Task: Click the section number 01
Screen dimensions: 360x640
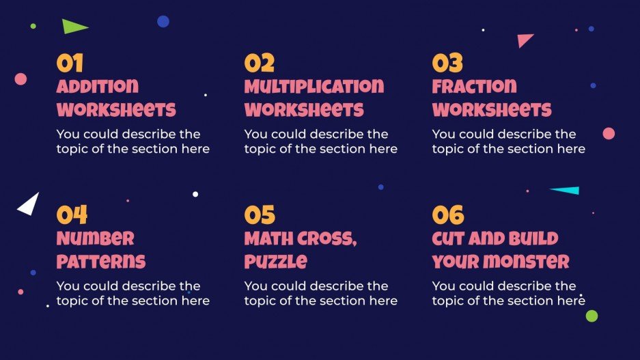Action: [x=70, y=64]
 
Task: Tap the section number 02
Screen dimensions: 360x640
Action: [x=259, y=64]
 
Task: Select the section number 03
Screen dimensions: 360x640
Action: [x=447, y=64]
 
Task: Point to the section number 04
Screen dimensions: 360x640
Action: [x=71, y=215]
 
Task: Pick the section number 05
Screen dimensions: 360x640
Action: [x=260, y=215]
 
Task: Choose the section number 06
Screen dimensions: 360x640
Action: [x=448, y=215]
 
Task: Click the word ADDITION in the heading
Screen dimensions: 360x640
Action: [x=97, y=87]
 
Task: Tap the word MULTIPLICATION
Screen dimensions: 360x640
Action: [x=314, y=87]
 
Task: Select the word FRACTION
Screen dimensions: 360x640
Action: [x=474, y=87]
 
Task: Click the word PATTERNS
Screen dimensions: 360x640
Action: [x=100, y=261]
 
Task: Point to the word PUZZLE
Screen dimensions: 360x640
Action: [x=275, y=261]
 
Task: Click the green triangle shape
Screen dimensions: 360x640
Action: [x=73, y=27]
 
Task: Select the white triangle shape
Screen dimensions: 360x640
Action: [x=29, y=204]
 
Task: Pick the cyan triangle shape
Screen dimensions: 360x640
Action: [x=567, y=191]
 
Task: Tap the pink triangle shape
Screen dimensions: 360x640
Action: [x=524, y=40]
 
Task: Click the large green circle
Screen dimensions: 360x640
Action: [x=592, y=316]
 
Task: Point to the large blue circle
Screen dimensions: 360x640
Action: [x=163, y=21]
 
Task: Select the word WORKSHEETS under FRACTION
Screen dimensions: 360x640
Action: [x=491, y=110]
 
